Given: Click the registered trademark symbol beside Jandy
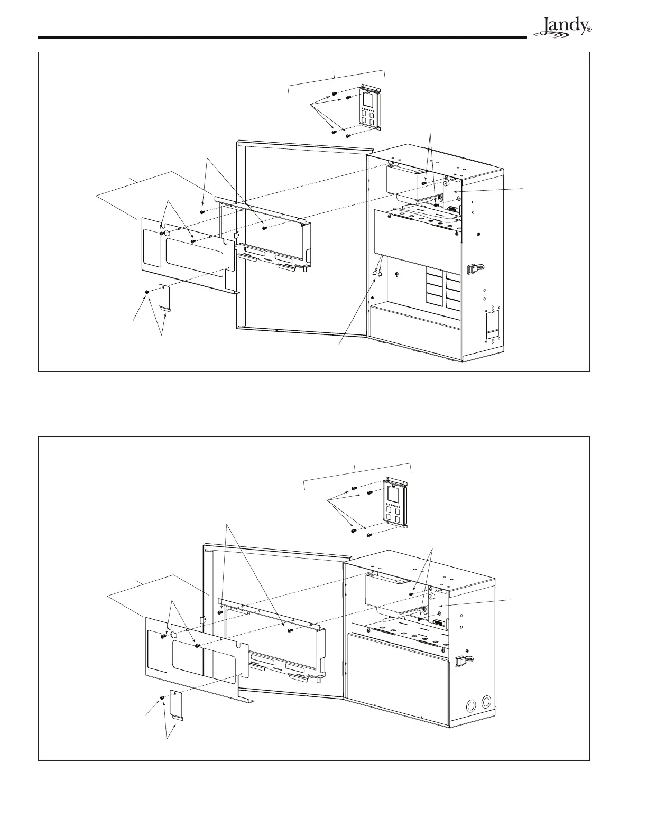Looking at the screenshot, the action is coord(589,31).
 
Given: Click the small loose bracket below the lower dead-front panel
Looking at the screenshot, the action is coord(176,706).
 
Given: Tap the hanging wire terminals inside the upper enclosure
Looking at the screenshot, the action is coord(378,273).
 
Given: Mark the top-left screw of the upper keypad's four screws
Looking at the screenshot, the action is coord(334,94).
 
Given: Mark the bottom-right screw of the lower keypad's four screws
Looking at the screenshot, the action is coord(369,535).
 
